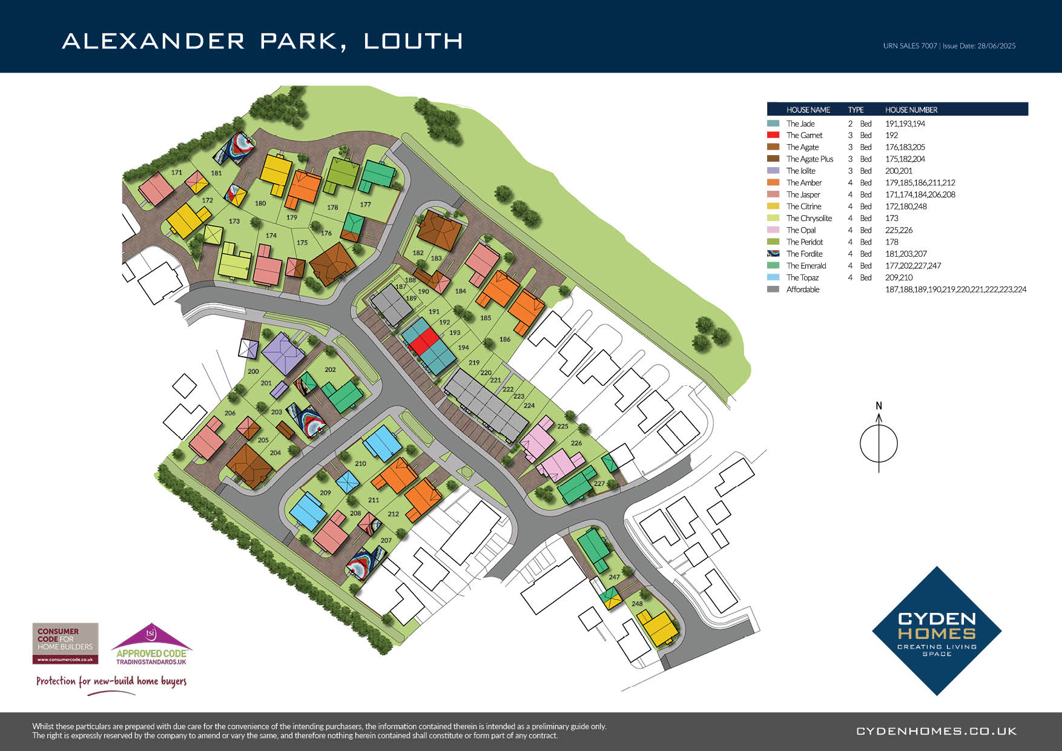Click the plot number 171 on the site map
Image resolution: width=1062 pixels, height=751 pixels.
tap(176, 173)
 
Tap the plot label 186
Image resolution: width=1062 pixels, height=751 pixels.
tap(505, 340)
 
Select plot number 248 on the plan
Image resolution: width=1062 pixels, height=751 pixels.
tap(637, 604)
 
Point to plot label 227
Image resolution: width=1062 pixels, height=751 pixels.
tap(599, 484)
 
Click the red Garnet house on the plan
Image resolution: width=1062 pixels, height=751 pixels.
tap(424, 341)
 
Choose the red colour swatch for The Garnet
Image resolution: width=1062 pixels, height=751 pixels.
tap(773, 135)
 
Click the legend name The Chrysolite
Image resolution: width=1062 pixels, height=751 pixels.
tap(809, 218)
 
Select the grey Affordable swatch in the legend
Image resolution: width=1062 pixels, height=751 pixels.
tap(773, 289)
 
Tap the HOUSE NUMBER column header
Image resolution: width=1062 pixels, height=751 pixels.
tap(911, 110)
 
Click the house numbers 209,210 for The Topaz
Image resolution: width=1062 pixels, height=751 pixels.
tap(899, 277)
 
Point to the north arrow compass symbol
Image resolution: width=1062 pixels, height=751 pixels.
tap(879, 442)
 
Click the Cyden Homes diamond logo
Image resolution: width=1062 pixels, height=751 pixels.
tap(936, 631)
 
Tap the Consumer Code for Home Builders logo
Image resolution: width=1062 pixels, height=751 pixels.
tap(65, 643)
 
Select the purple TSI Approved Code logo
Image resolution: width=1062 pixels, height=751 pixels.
tap(151, 646)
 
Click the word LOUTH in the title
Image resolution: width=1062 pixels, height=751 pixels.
tap(413, 41)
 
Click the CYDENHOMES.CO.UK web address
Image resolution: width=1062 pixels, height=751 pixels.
tap(936, 731)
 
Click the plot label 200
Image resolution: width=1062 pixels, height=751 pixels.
tap(253, 372)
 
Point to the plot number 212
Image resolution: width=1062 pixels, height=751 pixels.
tap(394, 514)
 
